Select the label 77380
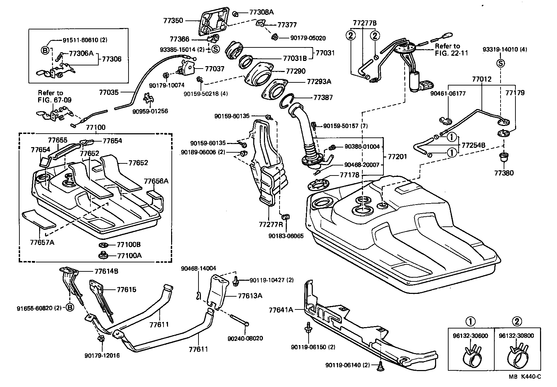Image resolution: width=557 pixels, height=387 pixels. pyautogui.click(x=504, y=173)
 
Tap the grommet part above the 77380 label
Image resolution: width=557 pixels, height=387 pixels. pyautogui.click(x=504, y=158)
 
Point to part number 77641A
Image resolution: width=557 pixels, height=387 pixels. pyautogui.click(x=281, y=310)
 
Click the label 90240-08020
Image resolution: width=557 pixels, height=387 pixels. pyautogui.click(x=245, y=338)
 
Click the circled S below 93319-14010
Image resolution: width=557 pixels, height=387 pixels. pyautogui.click(x=501, y=63)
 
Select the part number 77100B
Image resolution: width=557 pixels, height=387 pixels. pyautogui.click(x=129, y=245)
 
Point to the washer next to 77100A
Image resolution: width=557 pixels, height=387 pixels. pyautogui.click(x=103, y=256)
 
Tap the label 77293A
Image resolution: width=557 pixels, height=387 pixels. pyautogui.click(x=319, y=82)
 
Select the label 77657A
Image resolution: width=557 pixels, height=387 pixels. pyautogui.click(x=42, y=242)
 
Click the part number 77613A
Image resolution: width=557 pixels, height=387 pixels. pyautogui.click(x=250, y=296)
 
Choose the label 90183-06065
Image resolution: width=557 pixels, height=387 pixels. pyautogui.click(x=286, y=236)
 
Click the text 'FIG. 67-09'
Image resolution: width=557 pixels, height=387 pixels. pyautogui.click(x=51, y=100)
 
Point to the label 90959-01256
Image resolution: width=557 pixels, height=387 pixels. pyautogui.click(x=150, y=111)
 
